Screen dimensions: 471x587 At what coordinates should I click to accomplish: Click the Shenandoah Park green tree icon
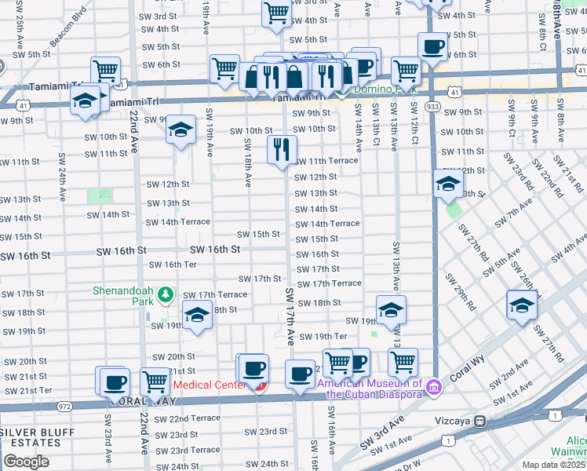pyautogui.click(x=165, y=294)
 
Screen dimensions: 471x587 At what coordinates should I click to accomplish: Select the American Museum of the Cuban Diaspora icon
pyautogui.click(x=432, y=385)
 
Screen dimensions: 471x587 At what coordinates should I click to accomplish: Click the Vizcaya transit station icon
pyautogui.click(x=479, y=421)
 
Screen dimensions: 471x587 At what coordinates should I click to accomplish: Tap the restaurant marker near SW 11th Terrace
pyautogui.click(x=282, y=148)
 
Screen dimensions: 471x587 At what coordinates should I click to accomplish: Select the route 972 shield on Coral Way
pyautogui.click(x=65, y=407)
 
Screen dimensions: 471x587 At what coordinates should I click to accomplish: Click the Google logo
pyautogui.click(x=26, y=461)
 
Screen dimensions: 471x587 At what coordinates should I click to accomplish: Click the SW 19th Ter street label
pyautogui.click(x=319, y=336)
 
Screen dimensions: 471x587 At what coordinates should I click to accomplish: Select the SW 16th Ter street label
pyautogui.click(x=173, y=265)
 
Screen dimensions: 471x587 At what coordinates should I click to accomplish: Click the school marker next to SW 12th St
pyautogui.click(x=447, y=184)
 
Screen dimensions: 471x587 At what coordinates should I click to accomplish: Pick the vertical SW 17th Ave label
pyautogui.click(x=290, y=316)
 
